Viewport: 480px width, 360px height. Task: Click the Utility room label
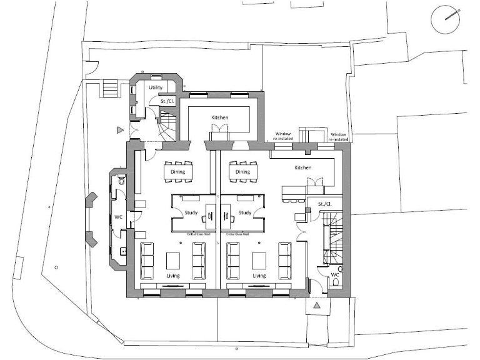tap(155, 88)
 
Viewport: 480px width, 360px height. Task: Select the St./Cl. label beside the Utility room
tap(167, 101)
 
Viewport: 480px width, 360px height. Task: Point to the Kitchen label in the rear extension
tap(219, 117)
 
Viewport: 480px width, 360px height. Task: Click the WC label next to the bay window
tap(117, 217)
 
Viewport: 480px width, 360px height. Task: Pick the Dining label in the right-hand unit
tap(242, 172)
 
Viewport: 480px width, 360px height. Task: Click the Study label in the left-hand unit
tap(191, 212)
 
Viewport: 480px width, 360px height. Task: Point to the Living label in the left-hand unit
tap(172, 275)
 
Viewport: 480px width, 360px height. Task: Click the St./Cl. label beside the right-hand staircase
tap(324, 204)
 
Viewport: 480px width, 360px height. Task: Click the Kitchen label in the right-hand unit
tap(302, 167)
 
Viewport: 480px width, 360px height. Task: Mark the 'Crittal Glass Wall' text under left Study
tap(201, 233)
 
